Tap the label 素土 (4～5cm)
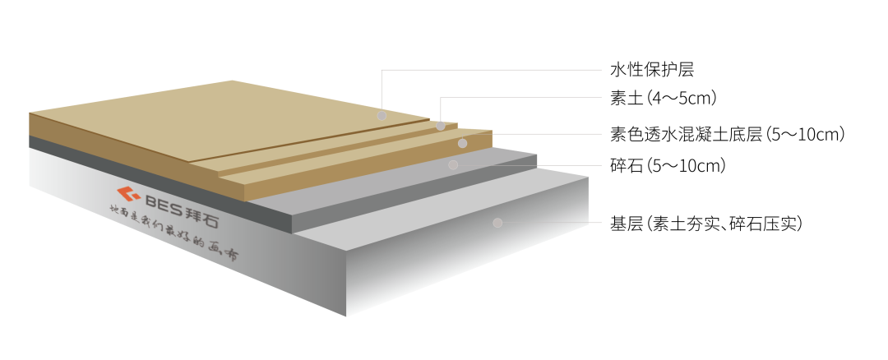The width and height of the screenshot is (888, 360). click(664, 99)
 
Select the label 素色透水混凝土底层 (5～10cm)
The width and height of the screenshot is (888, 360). click(728, 133)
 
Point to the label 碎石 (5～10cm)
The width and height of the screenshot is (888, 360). click(668, 166)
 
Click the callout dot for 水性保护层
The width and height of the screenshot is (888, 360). click(382, 116)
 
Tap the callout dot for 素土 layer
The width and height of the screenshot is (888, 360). click(441, 126)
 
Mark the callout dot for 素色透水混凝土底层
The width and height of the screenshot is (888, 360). click(462, 143)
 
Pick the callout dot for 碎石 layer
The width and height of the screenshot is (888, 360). click(453, 164)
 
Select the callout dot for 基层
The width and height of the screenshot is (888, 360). click(497, 222)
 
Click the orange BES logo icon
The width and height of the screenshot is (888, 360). click(127, 194)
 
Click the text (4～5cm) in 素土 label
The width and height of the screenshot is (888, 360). click(682, 99)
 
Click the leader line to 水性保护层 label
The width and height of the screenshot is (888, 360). click(493, 70)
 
